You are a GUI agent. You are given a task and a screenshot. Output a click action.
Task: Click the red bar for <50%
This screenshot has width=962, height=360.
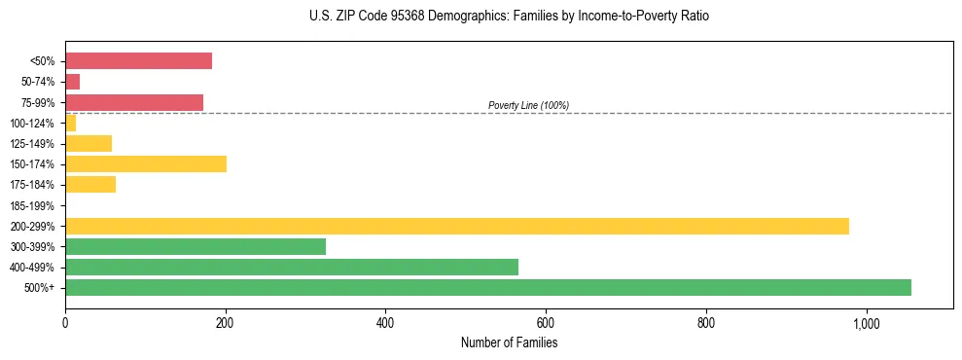(138, 61)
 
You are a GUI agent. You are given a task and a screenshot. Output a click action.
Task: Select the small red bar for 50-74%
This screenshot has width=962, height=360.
(73, 82)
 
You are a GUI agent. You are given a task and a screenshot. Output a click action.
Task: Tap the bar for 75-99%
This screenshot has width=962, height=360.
(134, 102)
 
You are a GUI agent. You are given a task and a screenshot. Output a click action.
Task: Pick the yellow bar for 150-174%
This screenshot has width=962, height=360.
(146, 164)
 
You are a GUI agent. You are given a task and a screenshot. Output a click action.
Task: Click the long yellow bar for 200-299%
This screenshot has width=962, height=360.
(457, 226)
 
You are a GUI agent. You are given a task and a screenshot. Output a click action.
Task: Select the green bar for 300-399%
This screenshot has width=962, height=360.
(196, 246)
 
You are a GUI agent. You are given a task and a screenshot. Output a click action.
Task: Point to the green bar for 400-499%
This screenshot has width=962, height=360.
(292, 267)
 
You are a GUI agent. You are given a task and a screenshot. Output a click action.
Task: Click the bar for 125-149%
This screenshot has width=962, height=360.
(89, 144)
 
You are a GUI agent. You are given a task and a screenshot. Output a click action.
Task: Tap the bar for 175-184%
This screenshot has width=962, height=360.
(90, 185)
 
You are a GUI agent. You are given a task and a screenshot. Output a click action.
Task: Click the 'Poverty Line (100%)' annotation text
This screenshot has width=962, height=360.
(528, 105)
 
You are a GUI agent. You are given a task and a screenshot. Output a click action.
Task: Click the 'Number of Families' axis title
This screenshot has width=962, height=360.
(509, 342)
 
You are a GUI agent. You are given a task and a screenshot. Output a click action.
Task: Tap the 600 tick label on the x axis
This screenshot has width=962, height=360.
(546, 323)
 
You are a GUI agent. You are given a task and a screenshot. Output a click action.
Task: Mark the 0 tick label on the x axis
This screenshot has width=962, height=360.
(65, 323)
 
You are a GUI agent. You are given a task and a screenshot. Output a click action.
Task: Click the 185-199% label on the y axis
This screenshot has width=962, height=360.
(32, 206)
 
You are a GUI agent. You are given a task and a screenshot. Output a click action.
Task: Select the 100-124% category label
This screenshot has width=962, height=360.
(32, 124)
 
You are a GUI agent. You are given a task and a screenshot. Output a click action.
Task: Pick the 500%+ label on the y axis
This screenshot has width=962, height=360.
(40, 288)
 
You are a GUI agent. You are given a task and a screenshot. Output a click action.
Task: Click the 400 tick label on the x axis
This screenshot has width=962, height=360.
(385, 323)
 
